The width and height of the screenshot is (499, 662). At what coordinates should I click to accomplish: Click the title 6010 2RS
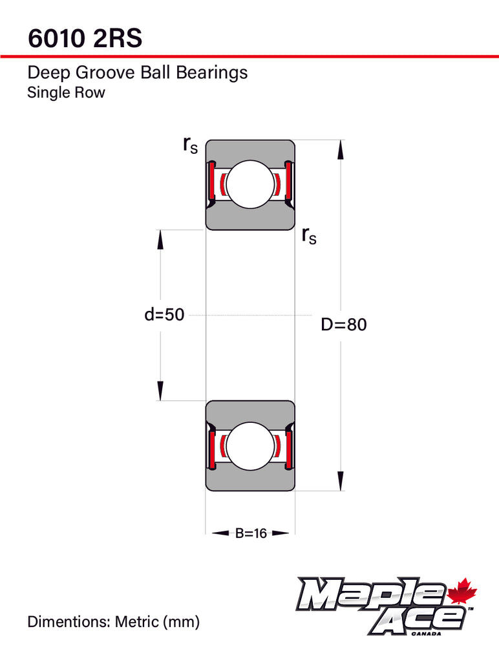(x=85, y=38)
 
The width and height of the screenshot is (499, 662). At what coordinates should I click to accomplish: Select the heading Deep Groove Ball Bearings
(x=137, y=72)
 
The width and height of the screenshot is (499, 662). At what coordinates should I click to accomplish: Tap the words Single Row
(x=66, y=92)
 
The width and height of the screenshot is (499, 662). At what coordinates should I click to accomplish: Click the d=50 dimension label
(x=164, y=315)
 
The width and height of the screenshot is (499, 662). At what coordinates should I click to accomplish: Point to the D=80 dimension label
(x=344, y=325)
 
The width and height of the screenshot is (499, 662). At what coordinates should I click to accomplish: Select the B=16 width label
(x=251, y=533)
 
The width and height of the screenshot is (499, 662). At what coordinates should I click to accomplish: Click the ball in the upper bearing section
(x=250, y=184)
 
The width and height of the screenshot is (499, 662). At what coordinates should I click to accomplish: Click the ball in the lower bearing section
(x=250, y=446)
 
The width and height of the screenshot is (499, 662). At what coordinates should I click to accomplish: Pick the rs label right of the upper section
(x=309, y=236)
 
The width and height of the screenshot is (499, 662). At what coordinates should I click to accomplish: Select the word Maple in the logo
(x=370, y=593)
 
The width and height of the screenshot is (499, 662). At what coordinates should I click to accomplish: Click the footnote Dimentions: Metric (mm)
(x=114, y=622)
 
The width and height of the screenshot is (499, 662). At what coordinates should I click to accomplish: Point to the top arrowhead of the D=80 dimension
(x=340, y=149)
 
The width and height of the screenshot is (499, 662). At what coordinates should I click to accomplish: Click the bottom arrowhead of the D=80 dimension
(x=340, y=481)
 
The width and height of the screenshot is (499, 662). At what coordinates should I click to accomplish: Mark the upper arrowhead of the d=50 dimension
(x=160, y=239)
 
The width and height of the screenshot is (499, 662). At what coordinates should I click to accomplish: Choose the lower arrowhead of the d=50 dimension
(x=160, y=390)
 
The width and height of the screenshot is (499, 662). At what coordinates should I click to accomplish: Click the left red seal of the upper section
(x=213, y=182)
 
